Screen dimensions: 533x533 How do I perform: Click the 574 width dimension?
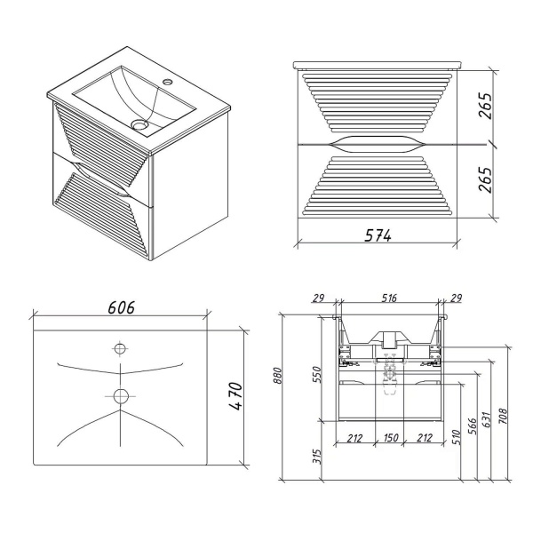point(378,235)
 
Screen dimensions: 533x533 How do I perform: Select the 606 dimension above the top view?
point(122,307)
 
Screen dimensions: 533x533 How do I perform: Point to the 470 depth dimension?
point(235,396)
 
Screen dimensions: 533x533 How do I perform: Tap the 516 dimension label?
point(389,298)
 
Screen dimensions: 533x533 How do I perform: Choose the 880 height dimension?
point(278,375)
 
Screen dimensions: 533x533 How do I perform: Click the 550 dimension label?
point(317,374)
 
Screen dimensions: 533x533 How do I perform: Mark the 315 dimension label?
point(317,457)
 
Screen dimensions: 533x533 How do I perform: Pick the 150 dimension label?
point(390,437)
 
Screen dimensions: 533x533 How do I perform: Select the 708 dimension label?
point(503,416)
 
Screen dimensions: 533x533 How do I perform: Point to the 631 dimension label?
point(486,420)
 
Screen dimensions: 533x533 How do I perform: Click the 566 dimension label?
point(473,426)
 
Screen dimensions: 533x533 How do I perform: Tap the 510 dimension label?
point(457,437)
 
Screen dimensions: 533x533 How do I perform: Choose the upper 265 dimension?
point(485,106)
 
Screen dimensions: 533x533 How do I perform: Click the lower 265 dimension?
point(485,179)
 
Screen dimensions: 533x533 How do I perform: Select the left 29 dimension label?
point(319,298)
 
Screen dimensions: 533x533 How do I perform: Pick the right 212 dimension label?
point(425,438)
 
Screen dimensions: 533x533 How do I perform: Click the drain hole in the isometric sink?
point(139,124)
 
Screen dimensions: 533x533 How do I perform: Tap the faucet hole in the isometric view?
point(167,82)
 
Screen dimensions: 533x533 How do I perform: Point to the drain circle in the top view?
point(120,396)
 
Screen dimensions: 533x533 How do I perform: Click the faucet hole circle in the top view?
point(120,348)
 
